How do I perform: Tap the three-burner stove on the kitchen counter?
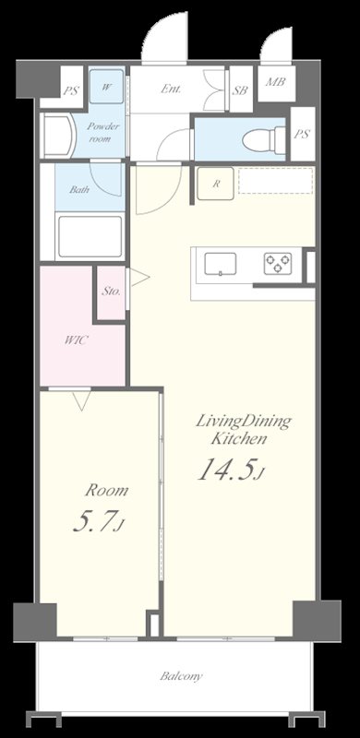278,264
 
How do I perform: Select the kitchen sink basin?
221,264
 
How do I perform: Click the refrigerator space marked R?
215,184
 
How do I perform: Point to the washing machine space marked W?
107,87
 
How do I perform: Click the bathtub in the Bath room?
90,236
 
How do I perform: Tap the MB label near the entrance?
276,82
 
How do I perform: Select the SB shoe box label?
240,90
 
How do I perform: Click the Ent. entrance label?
171,89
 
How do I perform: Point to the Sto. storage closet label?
112,292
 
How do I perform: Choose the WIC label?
76,340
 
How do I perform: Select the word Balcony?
181,677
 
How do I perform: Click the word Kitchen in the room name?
239,439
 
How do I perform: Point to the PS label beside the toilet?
302,134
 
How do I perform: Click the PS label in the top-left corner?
71,90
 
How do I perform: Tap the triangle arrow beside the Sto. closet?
139,278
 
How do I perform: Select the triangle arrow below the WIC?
81,400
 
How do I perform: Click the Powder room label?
99,132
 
